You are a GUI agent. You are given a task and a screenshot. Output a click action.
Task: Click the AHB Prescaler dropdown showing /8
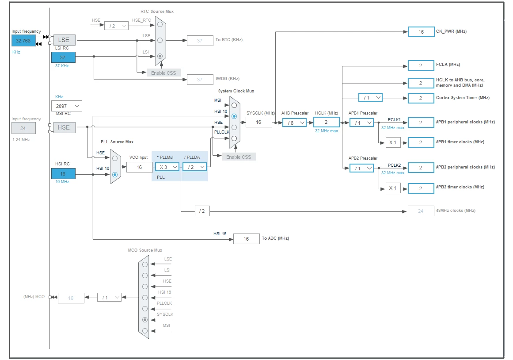pyautogui.click(x=294, y=123)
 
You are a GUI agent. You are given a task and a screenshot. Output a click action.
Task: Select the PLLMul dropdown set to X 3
pyautogui.click(x=167, y=167)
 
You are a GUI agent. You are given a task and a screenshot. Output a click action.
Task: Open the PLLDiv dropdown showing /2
pyautogui.click(x=195, y=167)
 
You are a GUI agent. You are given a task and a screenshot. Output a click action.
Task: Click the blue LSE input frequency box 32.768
pyautogui.click(x=23, y=41)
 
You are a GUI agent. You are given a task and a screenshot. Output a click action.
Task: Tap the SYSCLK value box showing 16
pyautogui.click(x=259, y=122)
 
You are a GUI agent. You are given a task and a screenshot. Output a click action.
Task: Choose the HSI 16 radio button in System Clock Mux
pyautogui.click(x=234, y=116)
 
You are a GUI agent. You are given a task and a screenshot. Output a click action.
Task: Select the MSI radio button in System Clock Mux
pyautogui.click(x=234, y=105)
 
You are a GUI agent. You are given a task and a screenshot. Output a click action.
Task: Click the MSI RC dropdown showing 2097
pyautogui.click(x=67, y=106)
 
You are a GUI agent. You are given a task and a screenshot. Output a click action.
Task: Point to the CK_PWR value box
pyautogui.click(x=421, y=32)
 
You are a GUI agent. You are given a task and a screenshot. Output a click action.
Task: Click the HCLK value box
pyautogui.click(x=326, y=122)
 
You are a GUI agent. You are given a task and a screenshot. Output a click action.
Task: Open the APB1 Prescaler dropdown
pyautogui.click(x=361, y=123)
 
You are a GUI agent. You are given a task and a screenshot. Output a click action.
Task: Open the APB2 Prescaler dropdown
pyautogui.click(x=361, y=168)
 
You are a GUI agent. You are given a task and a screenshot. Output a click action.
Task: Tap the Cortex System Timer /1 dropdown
pyautogui.click(x=370, y=98)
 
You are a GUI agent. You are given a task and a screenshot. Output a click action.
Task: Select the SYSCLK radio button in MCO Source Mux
pyautogui.click(x=145, y=320)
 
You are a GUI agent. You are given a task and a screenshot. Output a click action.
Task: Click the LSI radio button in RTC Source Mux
pyautogui.click(x=160, y=56)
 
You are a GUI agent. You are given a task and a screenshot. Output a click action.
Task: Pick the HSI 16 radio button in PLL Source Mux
pyautogui.click(x=115, y=175)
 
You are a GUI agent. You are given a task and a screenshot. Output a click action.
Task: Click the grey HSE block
pyautogui.click(x=65, y=127)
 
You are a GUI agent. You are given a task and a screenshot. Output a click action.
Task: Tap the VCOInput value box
pyautogui.click(x=139, y=167)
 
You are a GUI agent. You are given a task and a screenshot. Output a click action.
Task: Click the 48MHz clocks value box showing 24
pyautogui.click(x=421, y=211)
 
